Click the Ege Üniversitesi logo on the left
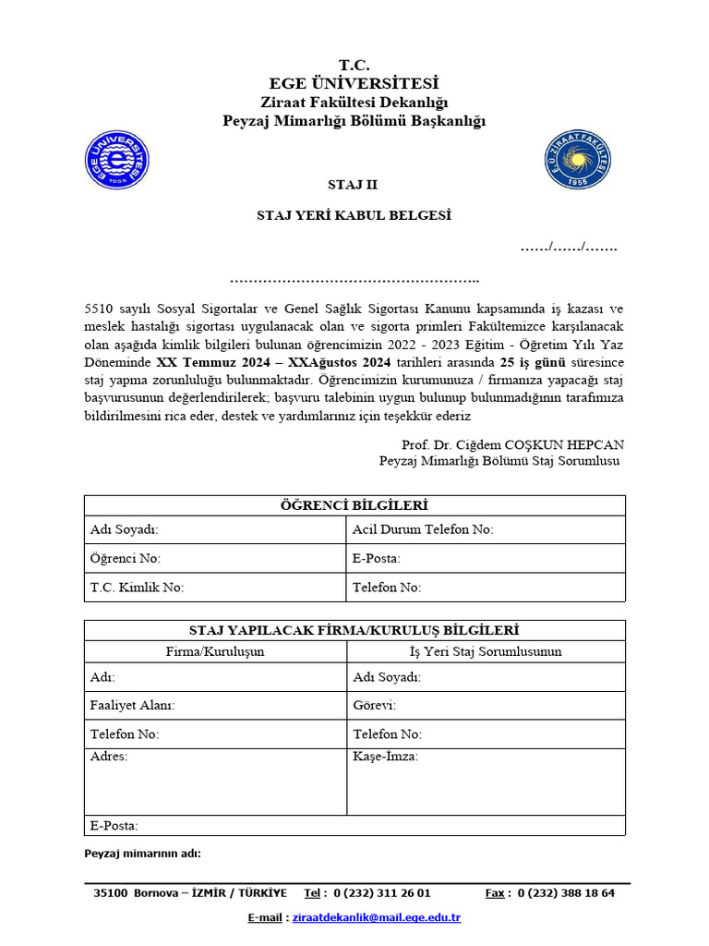point(116,160)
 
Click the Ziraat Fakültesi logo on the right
point(578,160)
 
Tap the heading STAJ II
point(354,185)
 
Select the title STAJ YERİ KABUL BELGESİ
point(354,216)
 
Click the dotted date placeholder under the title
point(569,248)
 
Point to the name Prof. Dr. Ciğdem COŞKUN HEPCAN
point(513,445)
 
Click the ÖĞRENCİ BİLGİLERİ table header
point(354,505)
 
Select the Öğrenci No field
point(214,559)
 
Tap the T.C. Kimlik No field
point(214,588)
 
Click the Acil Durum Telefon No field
point(486,529)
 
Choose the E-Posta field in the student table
point(486,559)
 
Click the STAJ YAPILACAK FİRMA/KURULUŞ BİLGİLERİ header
point(354,630)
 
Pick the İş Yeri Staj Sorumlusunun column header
point(486,652)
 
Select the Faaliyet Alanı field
point(214,706)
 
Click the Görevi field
point(486,706)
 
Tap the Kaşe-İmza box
point(486,782)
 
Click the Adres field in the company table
point(214,782)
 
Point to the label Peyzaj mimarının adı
point(142,854)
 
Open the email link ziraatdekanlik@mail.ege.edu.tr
point(376,917)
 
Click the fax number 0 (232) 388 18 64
point(566,893)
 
